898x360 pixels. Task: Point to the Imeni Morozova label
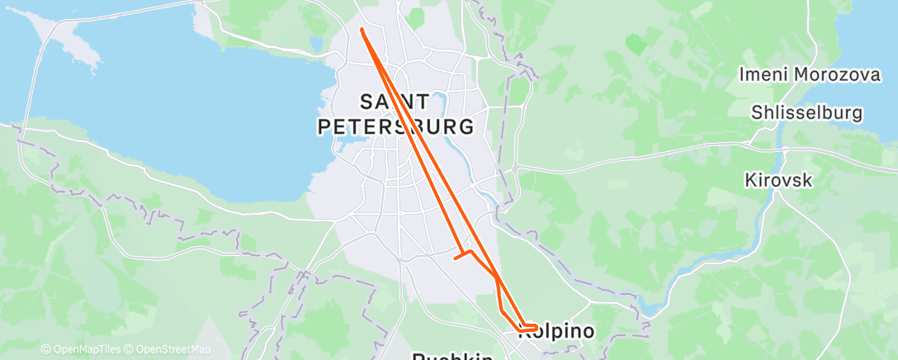(810, 74)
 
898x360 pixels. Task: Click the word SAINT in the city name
(395, 102)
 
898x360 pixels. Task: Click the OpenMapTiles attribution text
(83, 349)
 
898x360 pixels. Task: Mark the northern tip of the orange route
(362, 30)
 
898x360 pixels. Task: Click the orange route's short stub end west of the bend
(456, 258)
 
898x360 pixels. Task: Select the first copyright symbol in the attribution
(45, 349)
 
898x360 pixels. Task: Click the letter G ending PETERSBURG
(466, 127)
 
